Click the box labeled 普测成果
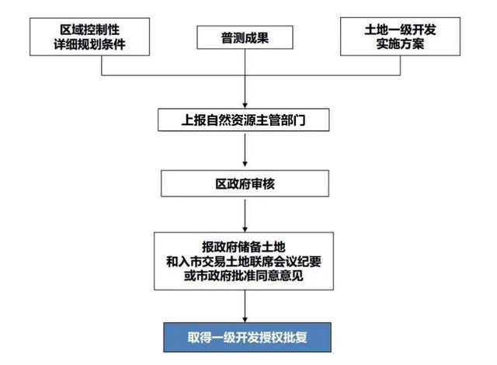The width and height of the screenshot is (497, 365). click(x=245, y=37)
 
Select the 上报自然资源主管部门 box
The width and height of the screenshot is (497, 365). click(x=243, y=120)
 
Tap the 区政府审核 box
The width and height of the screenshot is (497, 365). click(x=245, y=183)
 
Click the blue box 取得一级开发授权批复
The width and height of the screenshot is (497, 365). click(x=247, y=337)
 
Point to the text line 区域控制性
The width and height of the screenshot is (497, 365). click(x=90, y=30)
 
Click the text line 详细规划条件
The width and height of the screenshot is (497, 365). click(x=90, y=44)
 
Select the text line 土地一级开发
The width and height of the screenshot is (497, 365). click(x=400, y=30)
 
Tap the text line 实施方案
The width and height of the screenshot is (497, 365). click(x=400, y=43)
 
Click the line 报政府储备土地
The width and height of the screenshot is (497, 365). click(x=244, y=247)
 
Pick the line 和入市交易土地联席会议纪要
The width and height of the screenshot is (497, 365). click(x=244, y=262)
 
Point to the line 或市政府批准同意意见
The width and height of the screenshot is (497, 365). click(x=244, y=276)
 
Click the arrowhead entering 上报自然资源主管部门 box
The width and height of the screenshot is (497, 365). click(x=245, y=106)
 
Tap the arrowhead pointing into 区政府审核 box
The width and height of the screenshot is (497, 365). click(x=245, y=164)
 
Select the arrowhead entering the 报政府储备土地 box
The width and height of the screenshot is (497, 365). click(x=245, y=229)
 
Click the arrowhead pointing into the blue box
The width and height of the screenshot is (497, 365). click(x=245, y=319)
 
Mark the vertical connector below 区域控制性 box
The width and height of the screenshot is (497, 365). click(x=102, y=65)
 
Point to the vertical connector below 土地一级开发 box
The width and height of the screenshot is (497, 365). click(x=401, y=65)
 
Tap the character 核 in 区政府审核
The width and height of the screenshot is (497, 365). click(x=269, y=184)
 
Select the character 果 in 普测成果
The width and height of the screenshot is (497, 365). click(x=262, y=38)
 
